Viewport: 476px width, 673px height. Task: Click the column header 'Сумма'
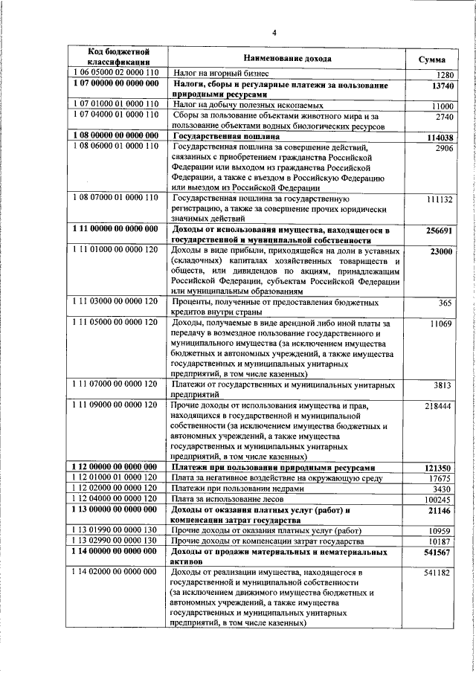point(432,58)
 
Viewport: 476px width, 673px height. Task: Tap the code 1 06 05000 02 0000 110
point(116,74)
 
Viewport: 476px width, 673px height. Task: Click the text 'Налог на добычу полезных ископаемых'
point(248,106)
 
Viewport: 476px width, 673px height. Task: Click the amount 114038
point(440,138)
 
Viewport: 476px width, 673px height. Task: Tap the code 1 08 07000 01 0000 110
point(116,199)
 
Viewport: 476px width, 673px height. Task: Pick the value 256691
point(440,232)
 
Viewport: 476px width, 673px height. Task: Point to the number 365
point(446,303)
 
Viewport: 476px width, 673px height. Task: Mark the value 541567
point(440,553)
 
